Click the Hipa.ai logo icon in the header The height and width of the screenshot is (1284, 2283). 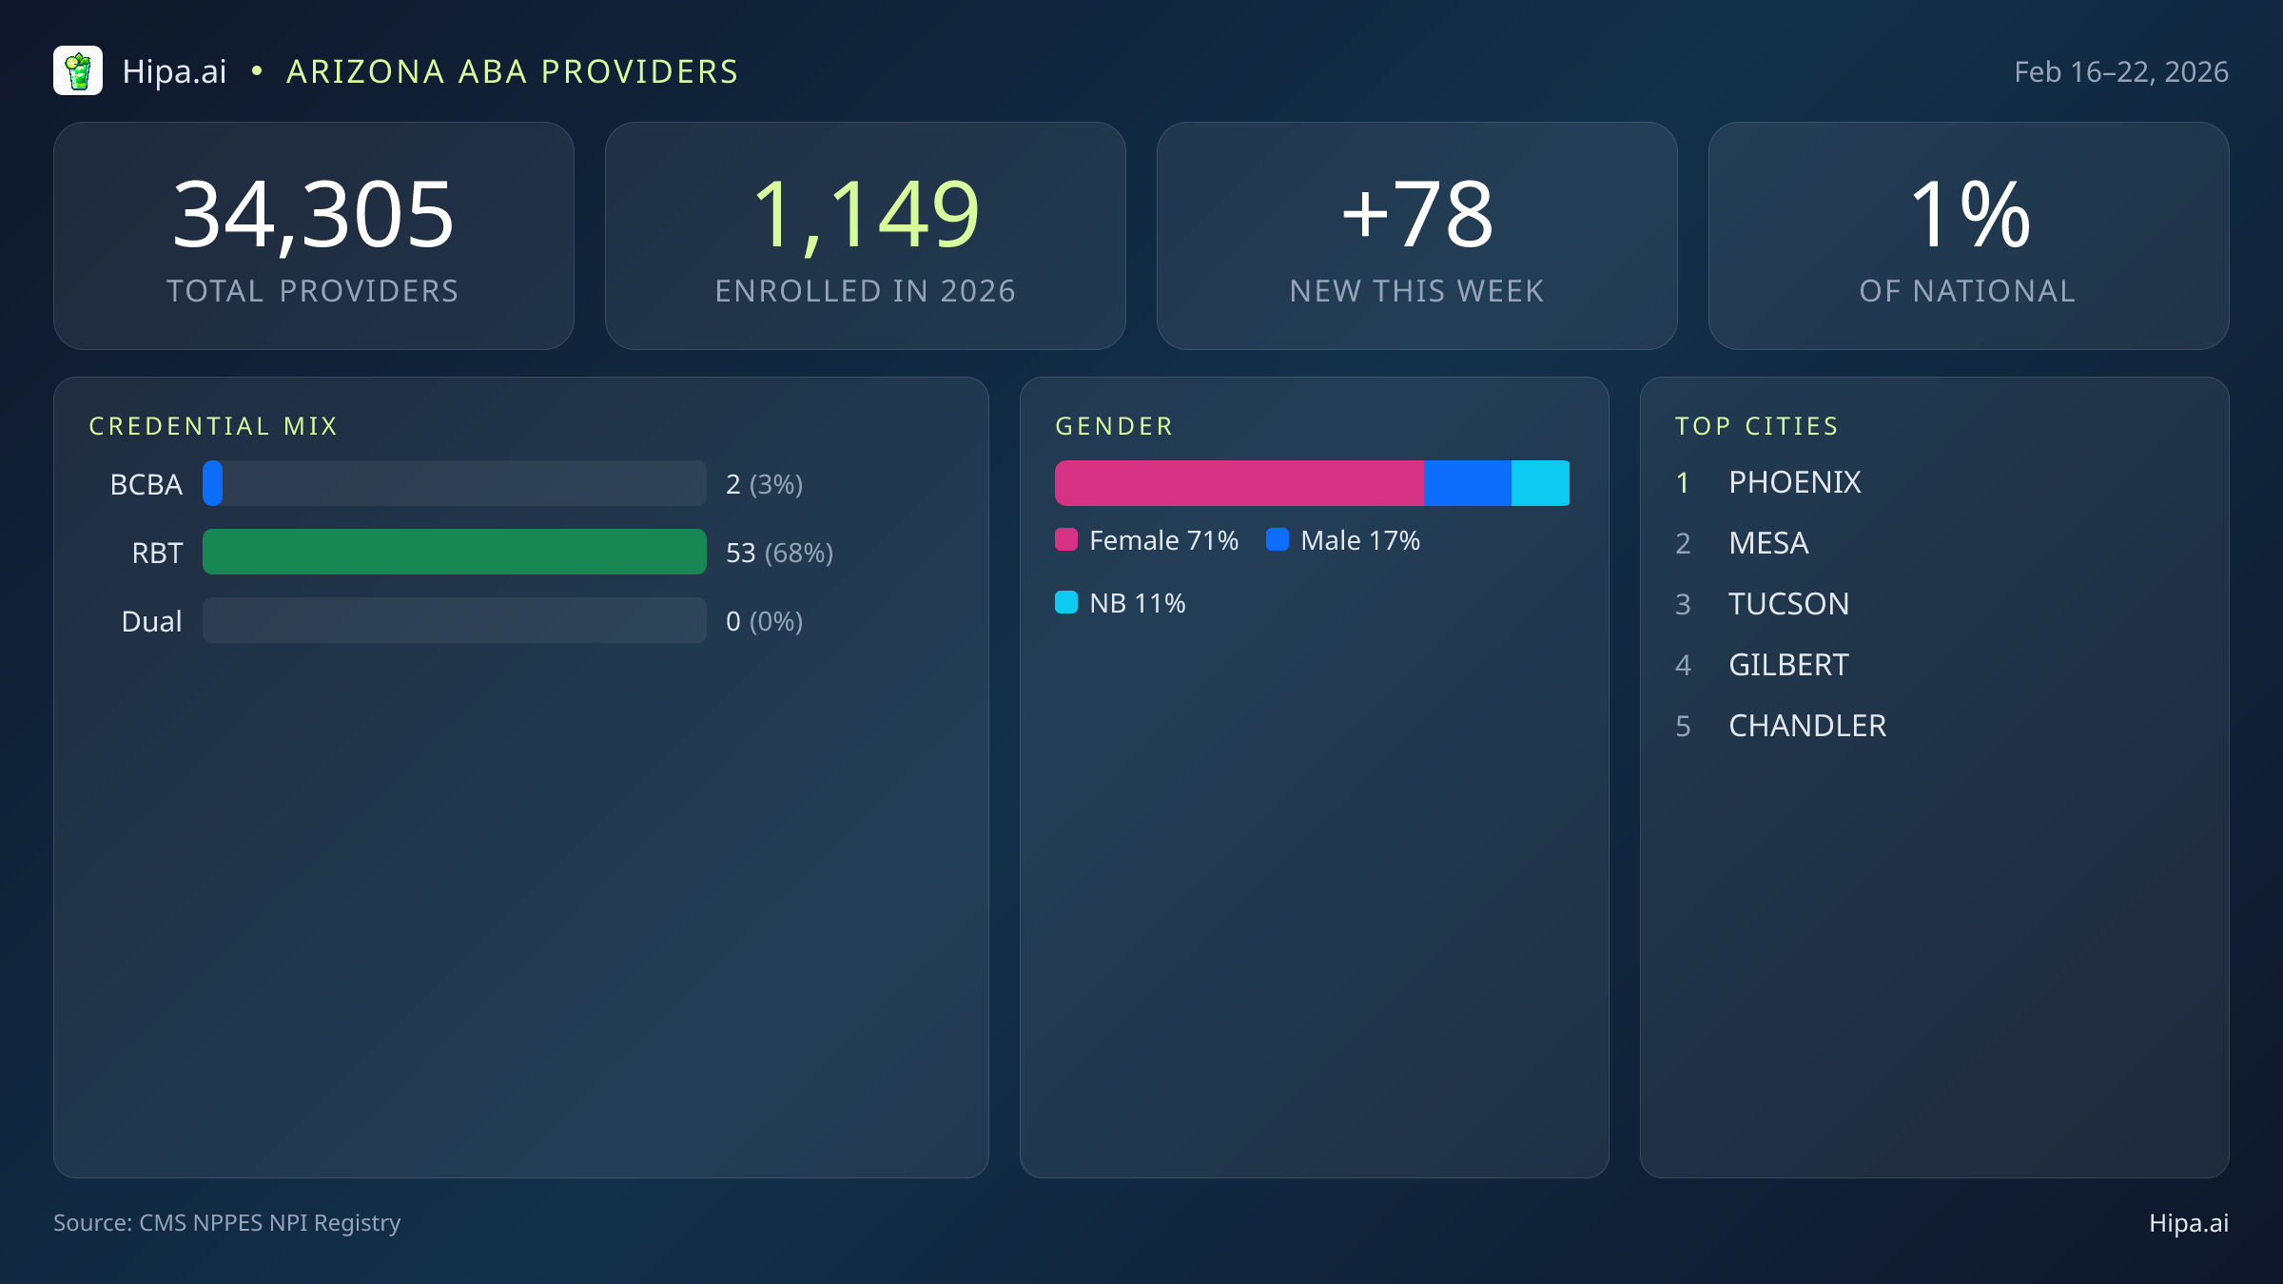tap(78, 71)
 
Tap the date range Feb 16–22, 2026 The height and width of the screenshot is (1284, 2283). tap(2120, 72)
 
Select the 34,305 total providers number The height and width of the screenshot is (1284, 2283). tap(313, 215)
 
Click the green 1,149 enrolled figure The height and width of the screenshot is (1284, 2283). tap(865, 215)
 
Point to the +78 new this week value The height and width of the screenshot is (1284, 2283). tap(1416, 215)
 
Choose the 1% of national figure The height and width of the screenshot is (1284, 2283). tap(1968, 215)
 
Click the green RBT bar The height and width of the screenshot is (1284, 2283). tap(454, 552)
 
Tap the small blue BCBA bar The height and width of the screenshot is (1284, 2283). tap(213, 483)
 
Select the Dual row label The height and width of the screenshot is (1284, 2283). tap(151, 621)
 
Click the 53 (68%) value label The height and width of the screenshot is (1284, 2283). tap(779, 553)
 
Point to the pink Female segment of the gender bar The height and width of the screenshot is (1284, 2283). tap(1239, 483)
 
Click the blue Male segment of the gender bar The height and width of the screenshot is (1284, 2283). tap(1467, 483)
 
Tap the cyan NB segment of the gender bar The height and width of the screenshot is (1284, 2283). tap(1540, 483)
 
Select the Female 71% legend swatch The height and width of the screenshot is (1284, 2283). tap(1066, 540)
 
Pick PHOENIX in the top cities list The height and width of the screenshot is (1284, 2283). tap(1794, 482)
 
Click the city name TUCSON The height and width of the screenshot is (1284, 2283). tap(1788, 604)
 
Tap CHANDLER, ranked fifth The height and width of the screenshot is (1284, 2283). tap(1806, 726)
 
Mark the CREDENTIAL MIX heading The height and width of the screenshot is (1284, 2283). tap(213, 426)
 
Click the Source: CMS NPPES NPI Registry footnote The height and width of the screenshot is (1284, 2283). tap(226, 1222)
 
